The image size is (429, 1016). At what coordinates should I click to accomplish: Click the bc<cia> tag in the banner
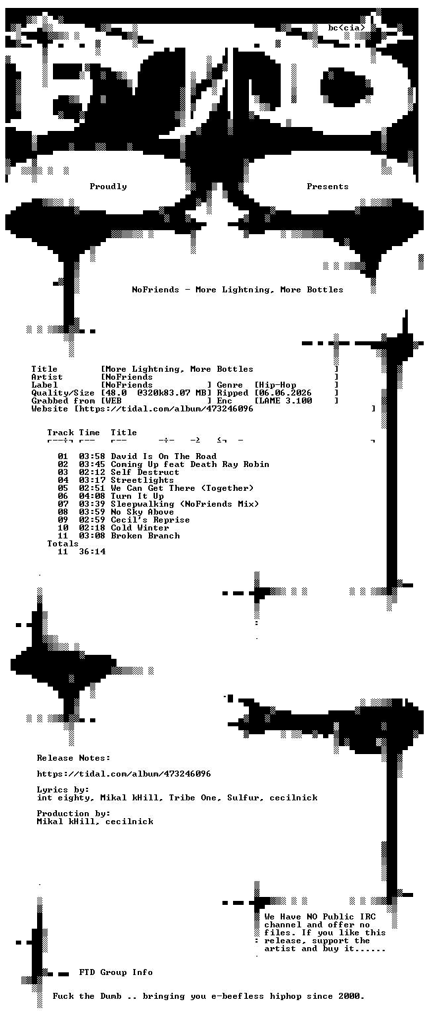(x=346, y=28)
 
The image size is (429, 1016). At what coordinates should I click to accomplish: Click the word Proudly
(x=108, y=187)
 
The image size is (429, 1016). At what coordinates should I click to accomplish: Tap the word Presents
(x=327, y=187)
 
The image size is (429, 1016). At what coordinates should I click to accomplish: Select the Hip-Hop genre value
(x=277, y=385)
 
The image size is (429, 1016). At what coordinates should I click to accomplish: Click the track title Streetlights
(x=142, y=480)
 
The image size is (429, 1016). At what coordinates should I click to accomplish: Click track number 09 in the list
(x=63, y=520)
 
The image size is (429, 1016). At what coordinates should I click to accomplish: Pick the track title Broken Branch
(x=145, y=536)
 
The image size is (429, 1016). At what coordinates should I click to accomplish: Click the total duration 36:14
(x=92, y=552)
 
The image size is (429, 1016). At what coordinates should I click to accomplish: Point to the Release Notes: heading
(x=73, y=758)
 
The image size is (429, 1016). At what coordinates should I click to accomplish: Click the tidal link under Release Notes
(x=124, y=774)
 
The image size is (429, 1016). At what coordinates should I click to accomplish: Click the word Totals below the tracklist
(x=63, y=543)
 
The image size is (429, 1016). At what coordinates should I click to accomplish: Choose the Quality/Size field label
(x=63, y=393)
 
